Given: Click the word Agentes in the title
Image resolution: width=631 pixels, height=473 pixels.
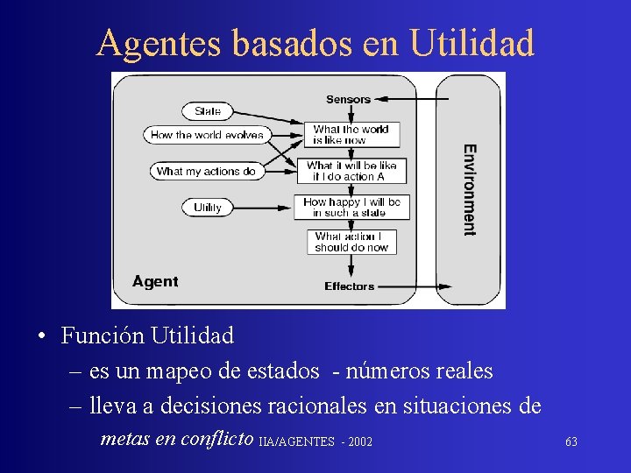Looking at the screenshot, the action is pos(159,42).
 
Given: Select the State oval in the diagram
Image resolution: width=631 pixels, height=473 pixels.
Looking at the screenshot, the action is pos(208,111).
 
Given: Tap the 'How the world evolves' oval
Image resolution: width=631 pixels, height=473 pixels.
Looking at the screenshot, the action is pos(207,135).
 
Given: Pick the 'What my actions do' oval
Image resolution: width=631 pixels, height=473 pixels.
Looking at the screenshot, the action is pos(206,172).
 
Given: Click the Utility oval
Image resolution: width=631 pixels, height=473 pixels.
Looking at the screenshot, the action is pos(208,208).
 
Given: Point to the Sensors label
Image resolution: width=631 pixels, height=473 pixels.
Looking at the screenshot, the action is pos(348,99).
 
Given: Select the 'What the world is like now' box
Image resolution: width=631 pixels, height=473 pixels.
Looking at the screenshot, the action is pos(351,134).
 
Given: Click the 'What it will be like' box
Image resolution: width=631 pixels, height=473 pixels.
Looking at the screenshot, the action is pos(351,171).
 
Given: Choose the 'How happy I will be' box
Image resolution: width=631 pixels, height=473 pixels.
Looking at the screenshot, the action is pos(351,207).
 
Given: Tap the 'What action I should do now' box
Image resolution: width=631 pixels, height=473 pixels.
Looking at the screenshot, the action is pos(351,242).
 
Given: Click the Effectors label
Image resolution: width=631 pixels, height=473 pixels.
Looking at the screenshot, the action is pos(349,286).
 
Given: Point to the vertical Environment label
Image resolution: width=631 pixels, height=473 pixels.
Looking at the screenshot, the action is pos(470,189).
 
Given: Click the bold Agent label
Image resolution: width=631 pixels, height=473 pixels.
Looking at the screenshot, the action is pos(155,282).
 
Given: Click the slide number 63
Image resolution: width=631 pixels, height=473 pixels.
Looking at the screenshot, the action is pos(571,441).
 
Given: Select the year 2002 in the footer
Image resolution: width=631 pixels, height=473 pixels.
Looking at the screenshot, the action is pos(360,441).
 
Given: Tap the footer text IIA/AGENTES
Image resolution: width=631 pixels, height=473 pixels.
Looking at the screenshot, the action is pos(297,441).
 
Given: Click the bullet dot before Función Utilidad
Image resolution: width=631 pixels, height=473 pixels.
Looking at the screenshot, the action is pos(41,336).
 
